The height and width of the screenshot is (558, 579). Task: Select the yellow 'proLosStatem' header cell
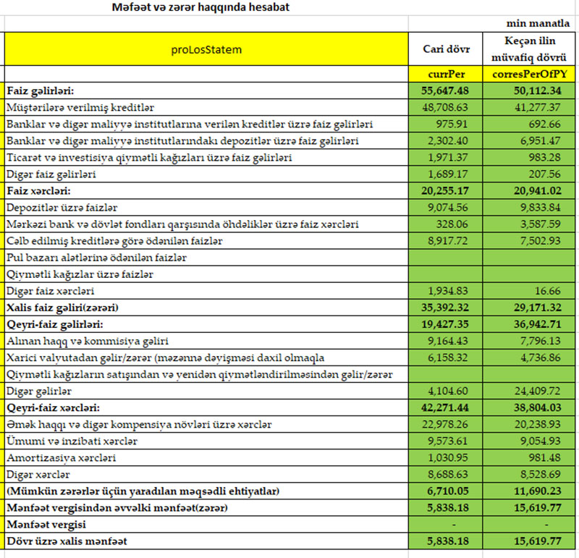click(206, 50)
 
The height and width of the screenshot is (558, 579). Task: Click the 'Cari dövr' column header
click(446, 50)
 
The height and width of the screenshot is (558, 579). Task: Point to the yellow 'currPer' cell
click(447, 74)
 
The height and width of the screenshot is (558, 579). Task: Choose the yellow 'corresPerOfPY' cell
click(528, 74)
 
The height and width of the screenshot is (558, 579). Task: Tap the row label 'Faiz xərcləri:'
click(38, 190)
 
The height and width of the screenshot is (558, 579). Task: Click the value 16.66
click(544, 290)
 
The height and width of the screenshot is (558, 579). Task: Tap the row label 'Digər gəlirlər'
click(39, 390)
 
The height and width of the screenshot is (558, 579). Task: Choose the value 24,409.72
click(532, 390)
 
